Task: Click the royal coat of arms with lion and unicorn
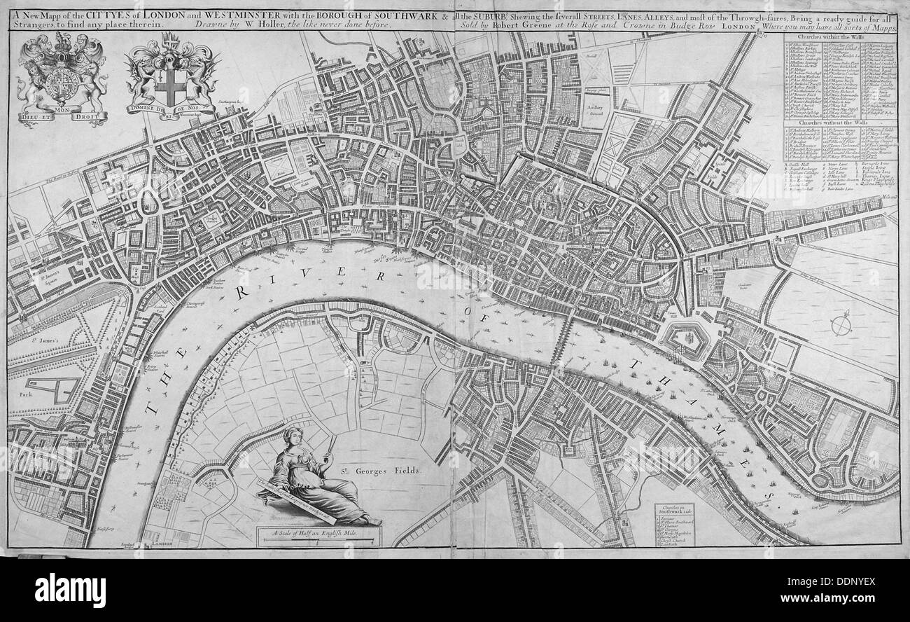point(62,75)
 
